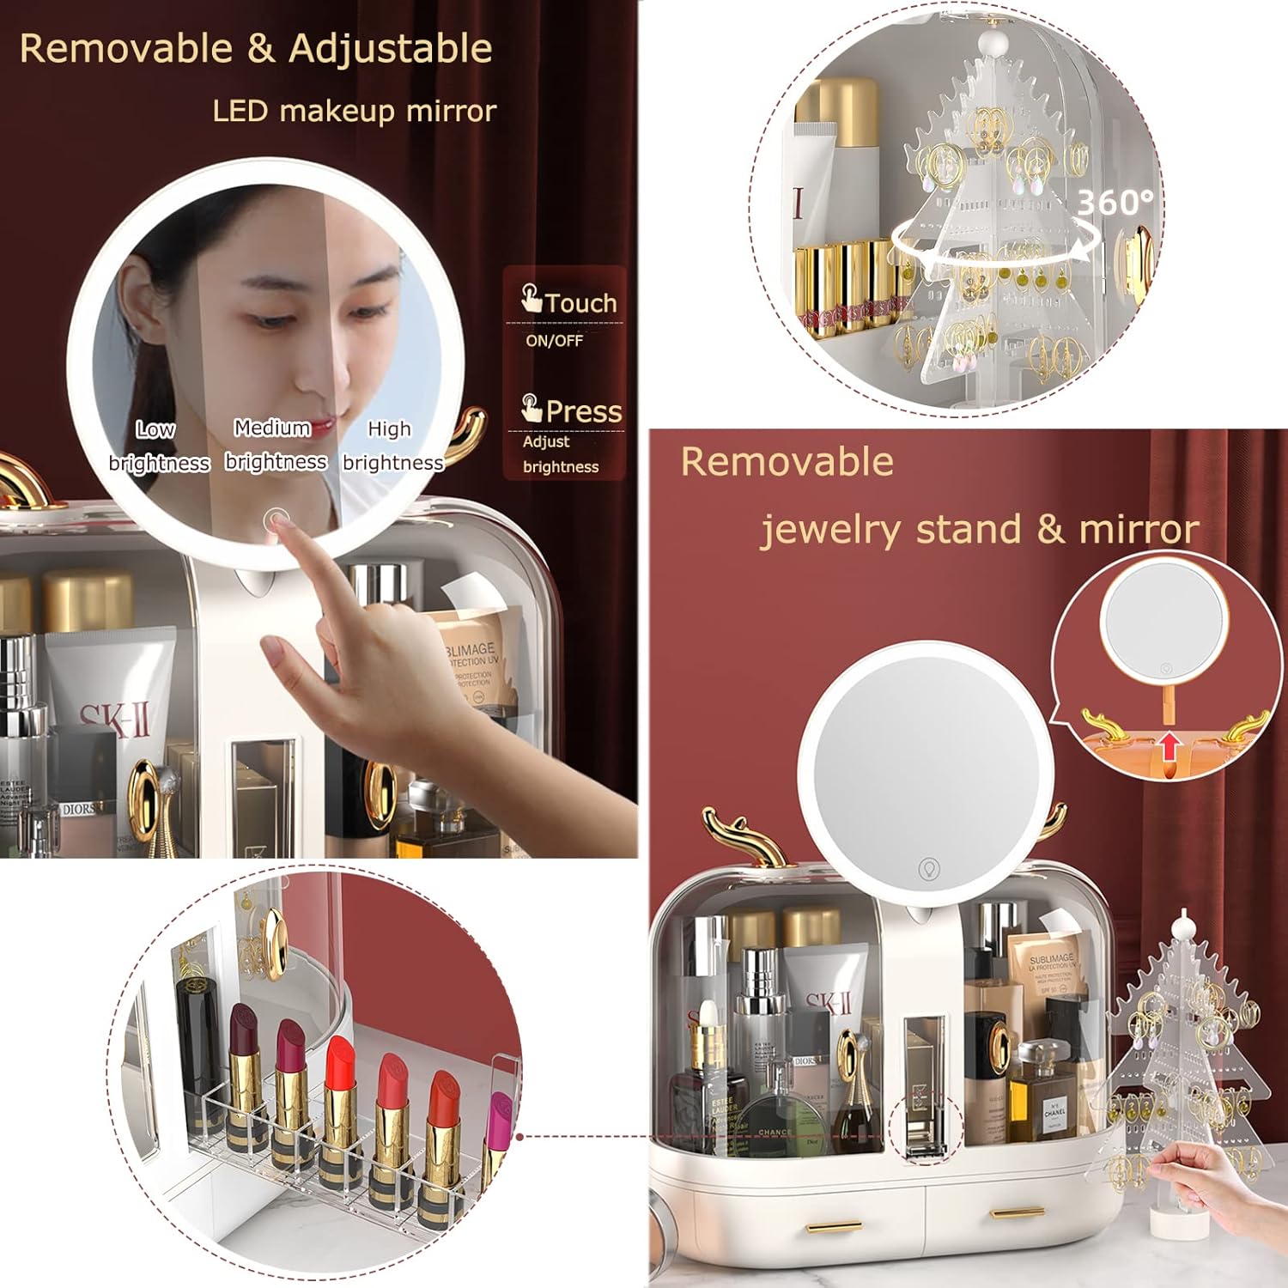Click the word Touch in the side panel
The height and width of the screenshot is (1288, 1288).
coord(580,303)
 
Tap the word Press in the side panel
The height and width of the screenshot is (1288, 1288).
coord(583,411)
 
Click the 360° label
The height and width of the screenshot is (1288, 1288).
coord(1115,203)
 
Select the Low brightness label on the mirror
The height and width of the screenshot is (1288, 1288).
coord(158,446)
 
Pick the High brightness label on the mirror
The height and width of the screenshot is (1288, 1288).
coord(392,446)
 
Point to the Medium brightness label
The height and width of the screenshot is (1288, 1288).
coord(275,444)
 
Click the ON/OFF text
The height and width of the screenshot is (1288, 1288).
coord(554,341)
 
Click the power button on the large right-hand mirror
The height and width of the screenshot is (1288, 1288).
coord(928,868)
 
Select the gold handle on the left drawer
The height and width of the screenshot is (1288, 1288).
coord(835,1227)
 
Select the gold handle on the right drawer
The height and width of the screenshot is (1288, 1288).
coord(1018,1212)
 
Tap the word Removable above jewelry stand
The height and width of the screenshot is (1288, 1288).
coord(787,462)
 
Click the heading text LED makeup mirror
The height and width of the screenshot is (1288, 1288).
coord(354,111)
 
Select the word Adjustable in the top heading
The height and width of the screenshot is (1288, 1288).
coord(391,48)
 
